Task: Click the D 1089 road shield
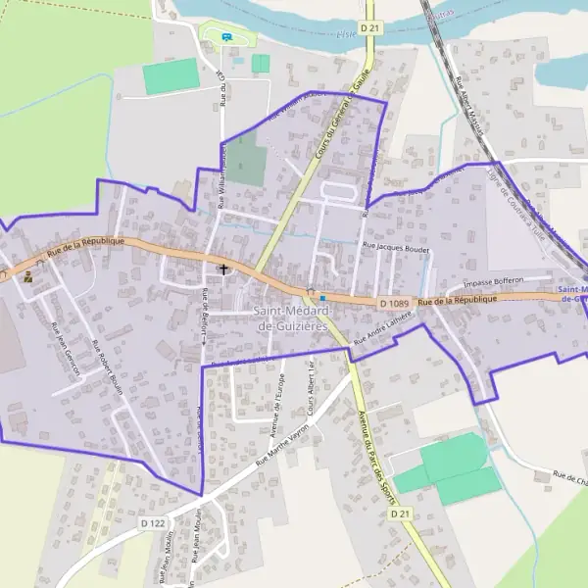pyautogui.click(x=393, y=304)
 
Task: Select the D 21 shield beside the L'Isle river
pyautogui.click(x=369, y=29)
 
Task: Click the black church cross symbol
pyautogui.click(x=223, y=268)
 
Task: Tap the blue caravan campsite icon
pyautogui.click(x=227, y=37)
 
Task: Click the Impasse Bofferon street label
pyautogui.click(x=494, y=281)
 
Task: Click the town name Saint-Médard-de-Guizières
pyautogui.click(x=290, y=318)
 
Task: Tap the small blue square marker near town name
pyautogui.click(x=321, y=298)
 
